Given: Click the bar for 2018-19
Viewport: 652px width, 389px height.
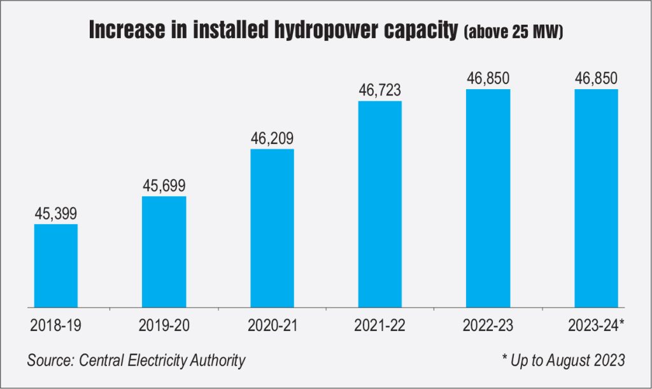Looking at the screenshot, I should [56, 265].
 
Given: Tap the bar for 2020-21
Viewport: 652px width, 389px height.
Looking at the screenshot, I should [273, 227].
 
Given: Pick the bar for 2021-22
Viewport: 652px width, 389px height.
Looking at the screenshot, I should [380, 203].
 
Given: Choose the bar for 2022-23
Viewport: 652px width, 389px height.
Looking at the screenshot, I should [488, 197].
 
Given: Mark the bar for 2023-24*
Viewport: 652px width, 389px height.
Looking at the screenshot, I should [597, 197].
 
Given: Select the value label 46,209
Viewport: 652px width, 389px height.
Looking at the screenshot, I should [273, 138].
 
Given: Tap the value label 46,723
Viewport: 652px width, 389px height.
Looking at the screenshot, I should [380, 90].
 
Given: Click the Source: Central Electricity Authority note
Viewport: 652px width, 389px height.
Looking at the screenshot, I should [136, 360].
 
